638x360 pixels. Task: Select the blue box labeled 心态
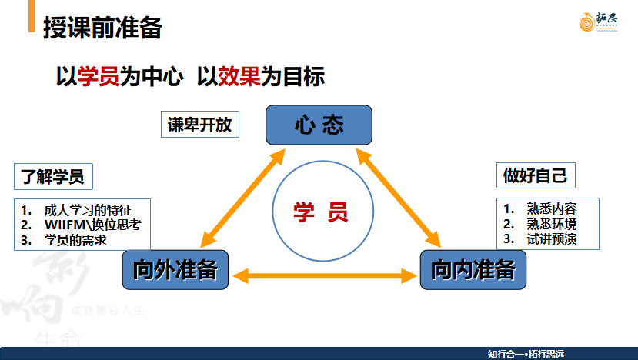[x=319, y=125]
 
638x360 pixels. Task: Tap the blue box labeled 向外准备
[x=175, y=270]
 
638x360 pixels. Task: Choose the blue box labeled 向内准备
[x=473, y=270]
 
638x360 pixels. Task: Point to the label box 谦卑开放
[x=200, y=125]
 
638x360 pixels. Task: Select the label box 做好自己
[x=535, y=176]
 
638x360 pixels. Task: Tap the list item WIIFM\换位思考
[x=92, y=224]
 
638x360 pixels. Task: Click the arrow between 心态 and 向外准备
[x=242, y=196]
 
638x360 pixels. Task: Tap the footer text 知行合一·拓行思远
[x=526, y=354]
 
